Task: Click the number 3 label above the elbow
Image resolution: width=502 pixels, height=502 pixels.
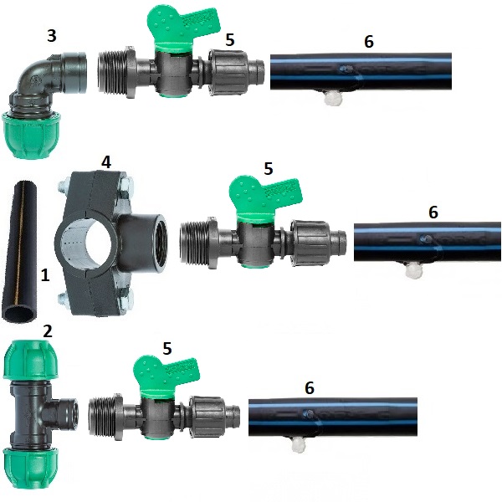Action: [52, 35]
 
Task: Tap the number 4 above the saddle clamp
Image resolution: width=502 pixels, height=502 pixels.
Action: [106, 162]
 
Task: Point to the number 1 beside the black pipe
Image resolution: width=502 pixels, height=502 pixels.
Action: [45, 275]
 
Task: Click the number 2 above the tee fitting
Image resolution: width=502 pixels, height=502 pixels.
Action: [48, 331]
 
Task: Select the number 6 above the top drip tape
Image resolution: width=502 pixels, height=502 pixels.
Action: [369, 42]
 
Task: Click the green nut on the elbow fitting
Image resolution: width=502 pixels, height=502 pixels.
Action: [31, 135]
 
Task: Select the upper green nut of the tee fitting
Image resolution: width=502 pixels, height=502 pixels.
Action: [31, 359]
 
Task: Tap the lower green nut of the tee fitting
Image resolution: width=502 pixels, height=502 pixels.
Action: [31, 469]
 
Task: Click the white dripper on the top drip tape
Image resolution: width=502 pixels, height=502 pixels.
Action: [333, 98]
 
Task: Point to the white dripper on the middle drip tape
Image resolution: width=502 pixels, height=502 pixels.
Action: [413, 270]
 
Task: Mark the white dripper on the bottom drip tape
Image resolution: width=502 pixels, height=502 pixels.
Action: [298, 445]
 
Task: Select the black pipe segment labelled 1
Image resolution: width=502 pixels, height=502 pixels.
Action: [18, 251]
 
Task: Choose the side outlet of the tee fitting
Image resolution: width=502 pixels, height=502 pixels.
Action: [65, 411]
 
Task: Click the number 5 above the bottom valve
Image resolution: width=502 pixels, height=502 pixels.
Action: [167, 348]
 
